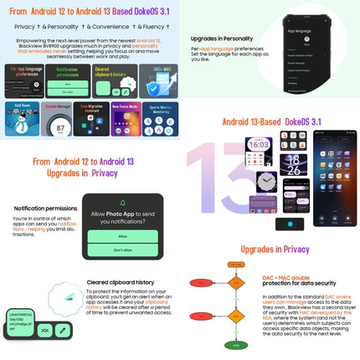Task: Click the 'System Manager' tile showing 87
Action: tap(58, 118)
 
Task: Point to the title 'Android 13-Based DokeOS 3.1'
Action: tap(270, 121)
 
